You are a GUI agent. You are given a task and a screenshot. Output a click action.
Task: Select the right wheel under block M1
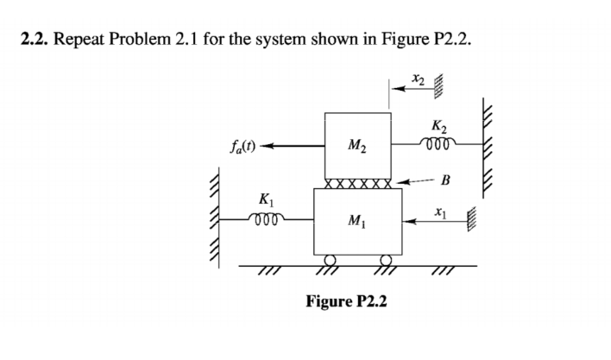[386, 261]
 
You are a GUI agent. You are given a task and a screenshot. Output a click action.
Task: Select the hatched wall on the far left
[215, 216]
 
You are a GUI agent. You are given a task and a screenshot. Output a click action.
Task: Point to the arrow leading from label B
[419, 183]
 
